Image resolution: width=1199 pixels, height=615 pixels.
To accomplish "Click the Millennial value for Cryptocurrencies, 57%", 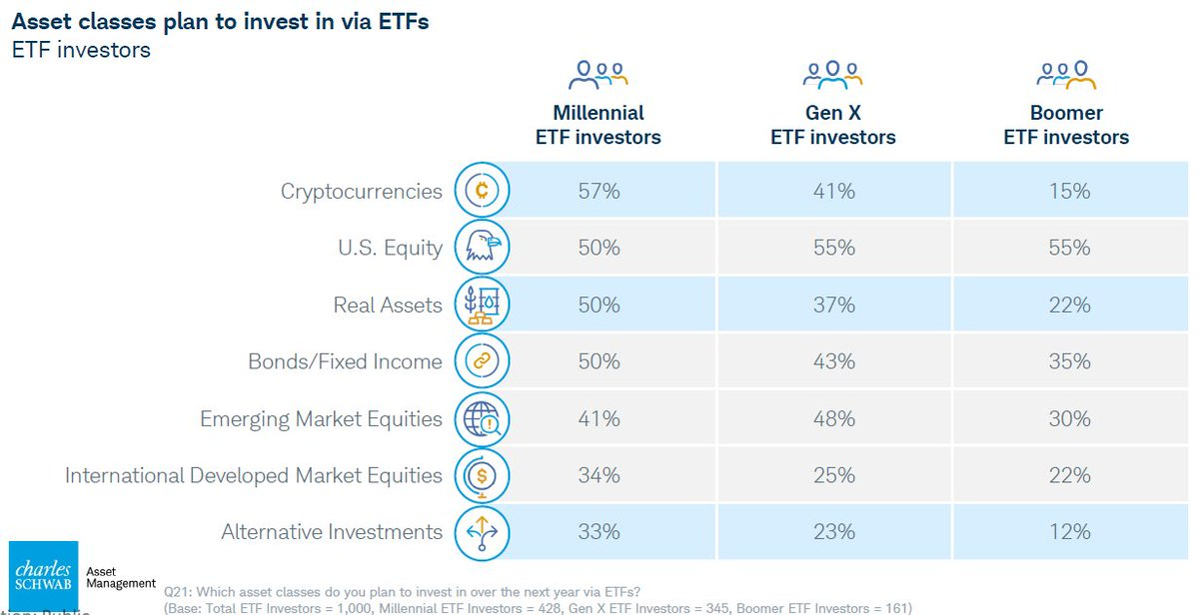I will [599, 192].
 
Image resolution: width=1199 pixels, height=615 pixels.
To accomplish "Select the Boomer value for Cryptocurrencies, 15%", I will [1069, 192].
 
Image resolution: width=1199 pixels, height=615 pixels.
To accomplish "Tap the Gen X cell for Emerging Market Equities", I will [833, 419].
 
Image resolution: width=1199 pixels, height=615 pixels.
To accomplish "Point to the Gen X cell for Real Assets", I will [833, 306].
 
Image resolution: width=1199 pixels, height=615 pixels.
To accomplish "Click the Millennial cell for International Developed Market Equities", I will [599, 476].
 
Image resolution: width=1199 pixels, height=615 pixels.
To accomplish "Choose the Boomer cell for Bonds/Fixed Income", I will [1069, 362].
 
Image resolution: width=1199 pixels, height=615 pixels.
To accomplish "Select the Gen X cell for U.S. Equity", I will [833, 249].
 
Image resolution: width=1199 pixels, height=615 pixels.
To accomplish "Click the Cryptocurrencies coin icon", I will [483, 191].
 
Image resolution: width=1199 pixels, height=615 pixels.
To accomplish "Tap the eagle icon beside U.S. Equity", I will [483, 248].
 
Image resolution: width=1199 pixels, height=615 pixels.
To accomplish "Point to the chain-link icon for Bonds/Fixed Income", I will [483, 361].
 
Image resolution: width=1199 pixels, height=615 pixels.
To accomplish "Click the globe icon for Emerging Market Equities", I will [483, 419].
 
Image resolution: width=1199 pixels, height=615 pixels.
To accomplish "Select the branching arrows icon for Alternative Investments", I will [483, 532].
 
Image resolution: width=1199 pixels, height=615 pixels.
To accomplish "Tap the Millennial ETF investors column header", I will [599, 125].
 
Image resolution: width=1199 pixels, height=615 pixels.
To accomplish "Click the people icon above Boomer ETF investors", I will [1066, 75].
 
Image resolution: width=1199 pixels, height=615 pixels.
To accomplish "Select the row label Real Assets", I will [388, 306].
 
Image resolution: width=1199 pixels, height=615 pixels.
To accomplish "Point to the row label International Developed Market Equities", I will [254, 476].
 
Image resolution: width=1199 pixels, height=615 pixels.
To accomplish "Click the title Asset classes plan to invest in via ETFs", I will [220, 21].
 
